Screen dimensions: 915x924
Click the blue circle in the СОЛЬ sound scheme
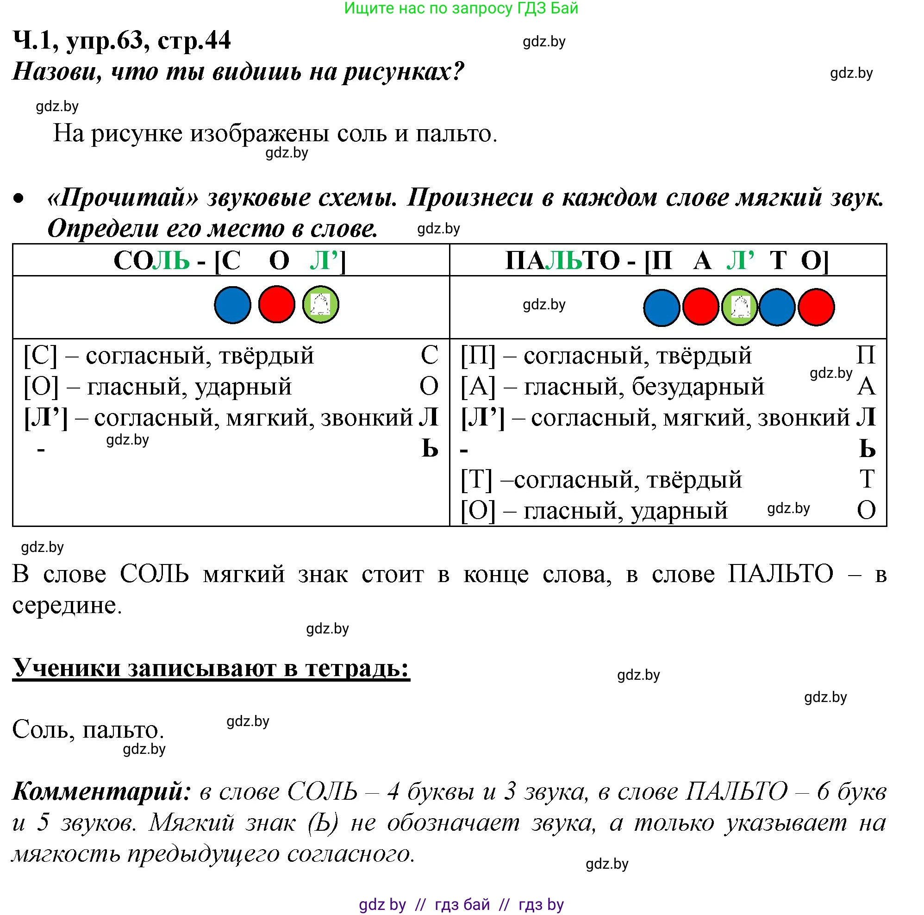(232, 305)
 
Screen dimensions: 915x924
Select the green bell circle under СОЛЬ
(320, 304)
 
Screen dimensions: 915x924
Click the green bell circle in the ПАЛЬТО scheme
(739, 307)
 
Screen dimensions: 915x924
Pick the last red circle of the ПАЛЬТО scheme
(816, 307)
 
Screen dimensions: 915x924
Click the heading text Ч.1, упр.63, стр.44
(121, 40)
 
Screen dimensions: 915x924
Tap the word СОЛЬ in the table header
(152, 261)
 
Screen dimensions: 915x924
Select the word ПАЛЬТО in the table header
(562, 261)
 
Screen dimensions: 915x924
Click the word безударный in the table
(698, 387)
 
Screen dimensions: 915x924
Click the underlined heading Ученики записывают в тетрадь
(211, 668)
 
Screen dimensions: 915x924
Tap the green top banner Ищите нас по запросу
(461, 8)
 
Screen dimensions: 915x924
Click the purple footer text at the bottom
(461, 904)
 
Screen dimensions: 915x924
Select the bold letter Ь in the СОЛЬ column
(430, 449)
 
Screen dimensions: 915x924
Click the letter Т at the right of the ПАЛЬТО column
(867, 479)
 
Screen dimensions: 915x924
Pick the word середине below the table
(67, 605)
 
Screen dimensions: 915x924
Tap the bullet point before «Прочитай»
(19, 199)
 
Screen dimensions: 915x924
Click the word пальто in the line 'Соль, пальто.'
(123, 729)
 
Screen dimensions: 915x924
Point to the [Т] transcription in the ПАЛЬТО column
(476, 479)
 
